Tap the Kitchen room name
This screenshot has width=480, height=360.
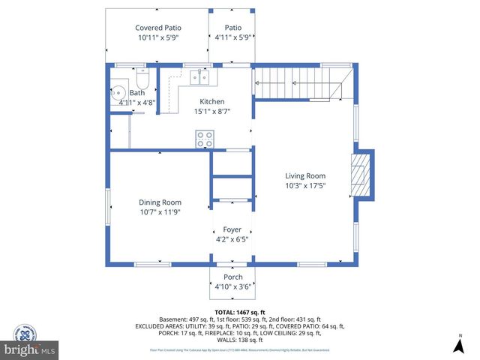211,101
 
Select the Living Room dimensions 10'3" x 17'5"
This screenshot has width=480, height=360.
304,185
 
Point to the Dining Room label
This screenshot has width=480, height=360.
160,202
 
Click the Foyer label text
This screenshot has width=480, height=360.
232,229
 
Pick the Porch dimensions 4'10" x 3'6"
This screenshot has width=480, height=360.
232,286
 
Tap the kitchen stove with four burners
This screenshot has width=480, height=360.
204,139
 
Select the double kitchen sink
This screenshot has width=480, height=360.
199,76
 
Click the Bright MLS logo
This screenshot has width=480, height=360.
30,349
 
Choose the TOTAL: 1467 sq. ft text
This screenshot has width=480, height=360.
239,312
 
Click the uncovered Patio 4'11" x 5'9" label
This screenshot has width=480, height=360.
232,31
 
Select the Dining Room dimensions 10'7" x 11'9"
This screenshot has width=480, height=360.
160,211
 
